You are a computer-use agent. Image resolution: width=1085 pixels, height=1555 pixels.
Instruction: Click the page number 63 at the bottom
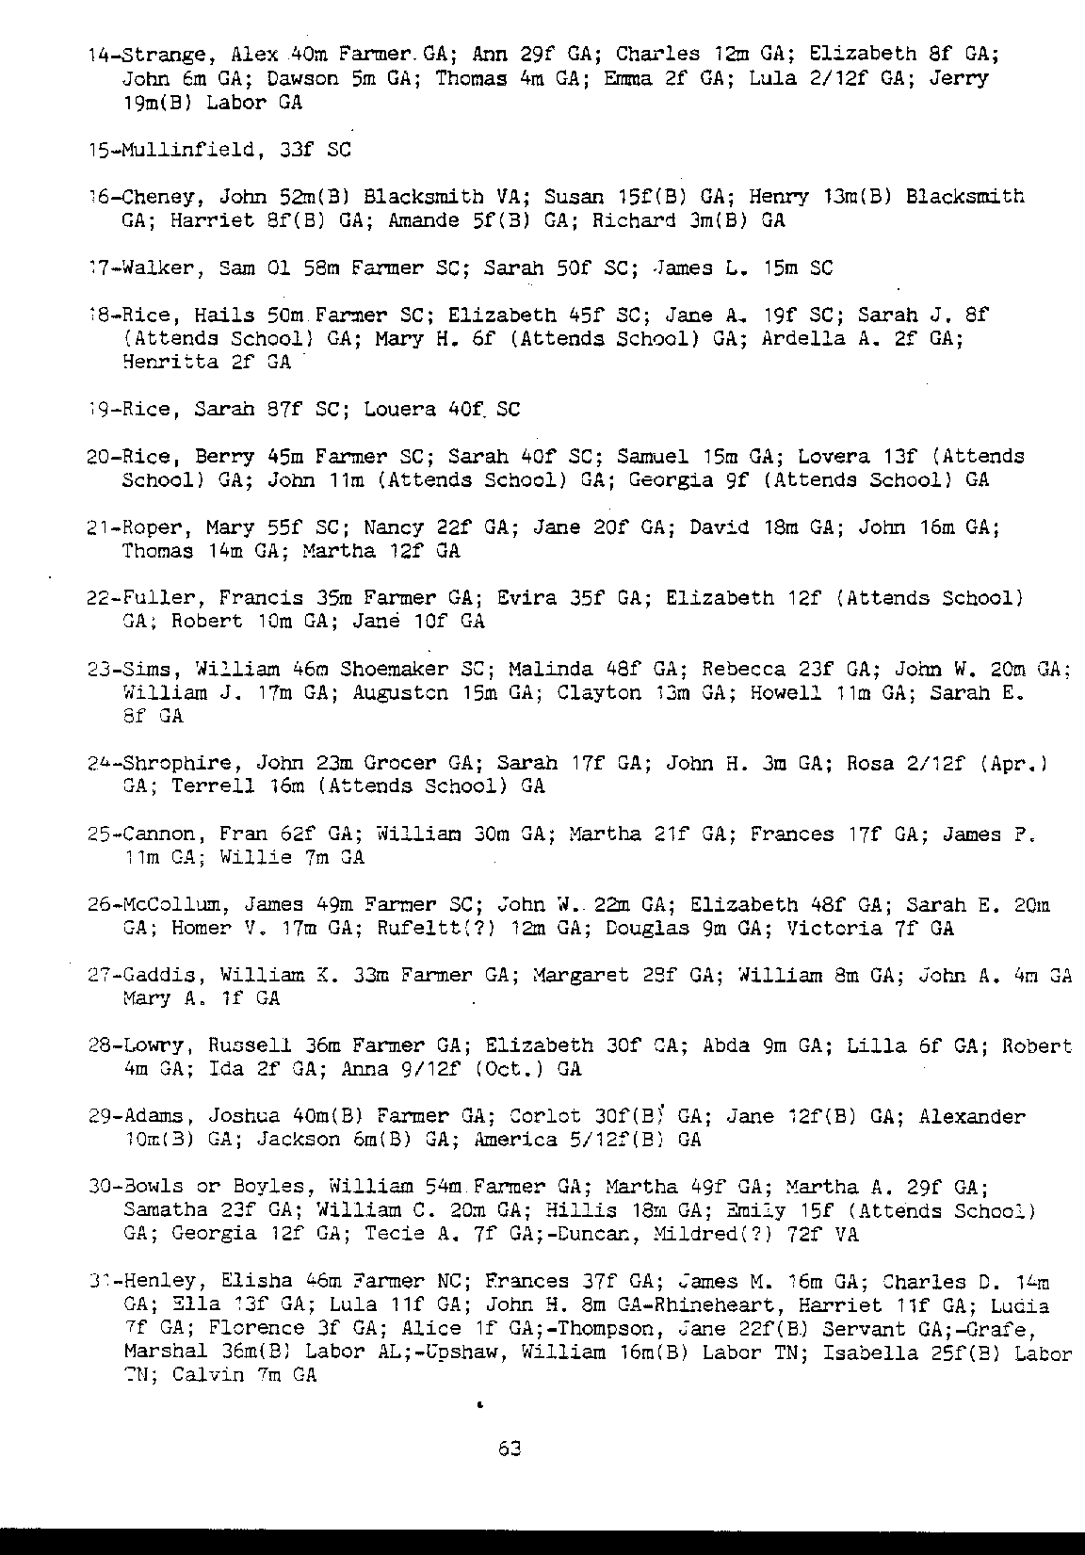click(x=510, y=1449)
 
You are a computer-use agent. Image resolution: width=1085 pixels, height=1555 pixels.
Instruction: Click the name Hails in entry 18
click(x=224, y=316)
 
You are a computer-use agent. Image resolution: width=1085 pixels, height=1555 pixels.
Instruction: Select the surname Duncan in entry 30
click(x=589, y=1235)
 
